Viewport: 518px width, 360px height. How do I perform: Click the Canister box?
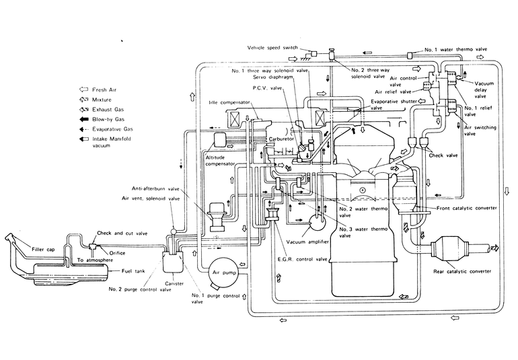click(x=173, y=262)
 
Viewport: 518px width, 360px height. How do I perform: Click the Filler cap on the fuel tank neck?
click(x=9, y=238)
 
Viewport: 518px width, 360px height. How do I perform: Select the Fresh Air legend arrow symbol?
click(x=83, y=89)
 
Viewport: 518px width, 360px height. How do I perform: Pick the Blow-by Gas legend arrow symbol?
click(x=84, y=119)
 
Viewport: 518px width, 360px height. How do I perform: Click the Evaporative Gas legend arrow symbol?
click(x=84, y=129)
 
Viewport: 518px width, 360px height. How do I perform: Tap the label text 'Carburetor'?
click(x=281, y=139)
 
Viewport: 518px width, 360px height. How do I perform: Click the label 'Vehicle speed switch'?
click(x=272, y=48)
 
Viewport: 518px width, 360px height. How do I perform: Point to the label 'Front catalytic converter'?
click(x=466, y=209)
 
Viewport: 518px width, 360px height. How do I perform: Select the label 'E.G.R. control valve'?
click(x=302, y=259)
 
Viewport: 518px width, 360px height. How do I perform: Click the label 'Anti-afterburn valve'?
click(x=155, y=189)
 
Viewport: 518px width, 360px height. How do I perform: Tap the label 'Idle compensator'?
click(x=229, y=102)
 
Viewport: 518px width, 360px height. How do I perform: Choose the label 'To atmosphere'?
click(x=95, y=260)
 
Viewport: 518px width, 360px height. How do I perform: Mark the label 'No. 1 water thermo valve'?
click(x=455, y=50)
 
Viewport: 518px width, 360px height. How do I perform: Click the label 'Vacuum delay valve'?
click(x=483, y=90)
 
